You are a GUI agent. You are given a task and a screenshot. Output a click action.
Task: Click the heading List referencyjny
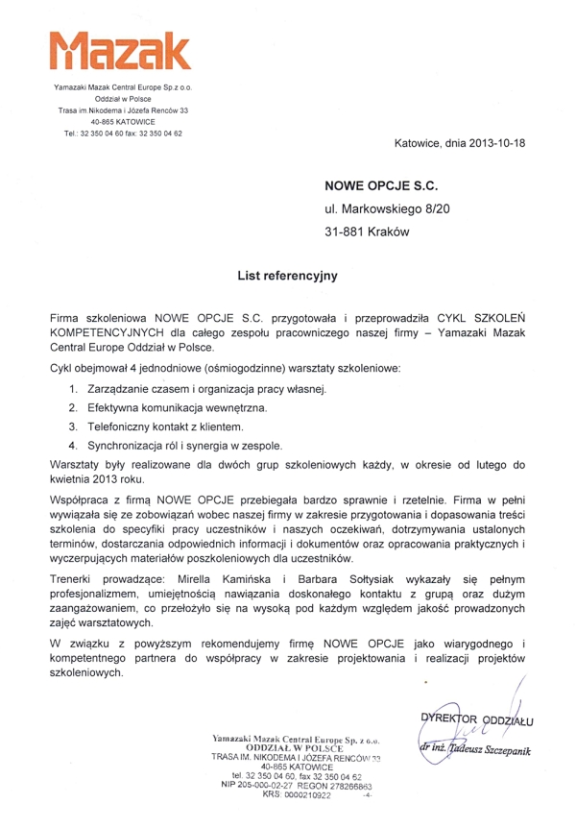click(288, 277)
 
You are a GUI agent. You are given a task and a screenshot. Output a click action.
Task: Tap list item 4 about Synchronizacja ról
click(199, 446)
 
